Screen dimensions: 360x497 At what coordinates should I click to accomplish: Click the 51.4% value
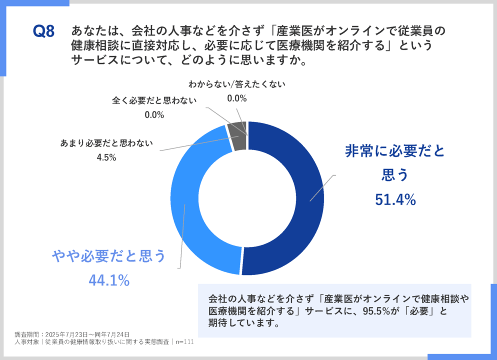(395, 200)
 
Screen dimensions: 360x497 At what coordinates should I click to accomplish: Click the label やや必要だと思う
(109, 256)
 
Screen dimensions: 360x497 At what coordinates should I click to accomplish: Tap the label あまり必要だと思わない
(106, 143)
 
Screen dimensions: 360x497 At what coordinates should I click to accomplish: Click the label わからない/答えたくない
(237, 84)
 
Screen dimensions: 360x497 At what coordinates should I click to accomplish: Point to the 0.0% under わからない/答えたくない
(237, 98)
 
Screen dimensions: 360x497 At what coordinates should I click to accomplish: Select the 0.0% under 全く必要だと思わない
(154, 114)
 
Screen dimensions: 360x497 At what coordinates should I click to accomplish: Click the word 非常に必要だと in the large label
(394, 151)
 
